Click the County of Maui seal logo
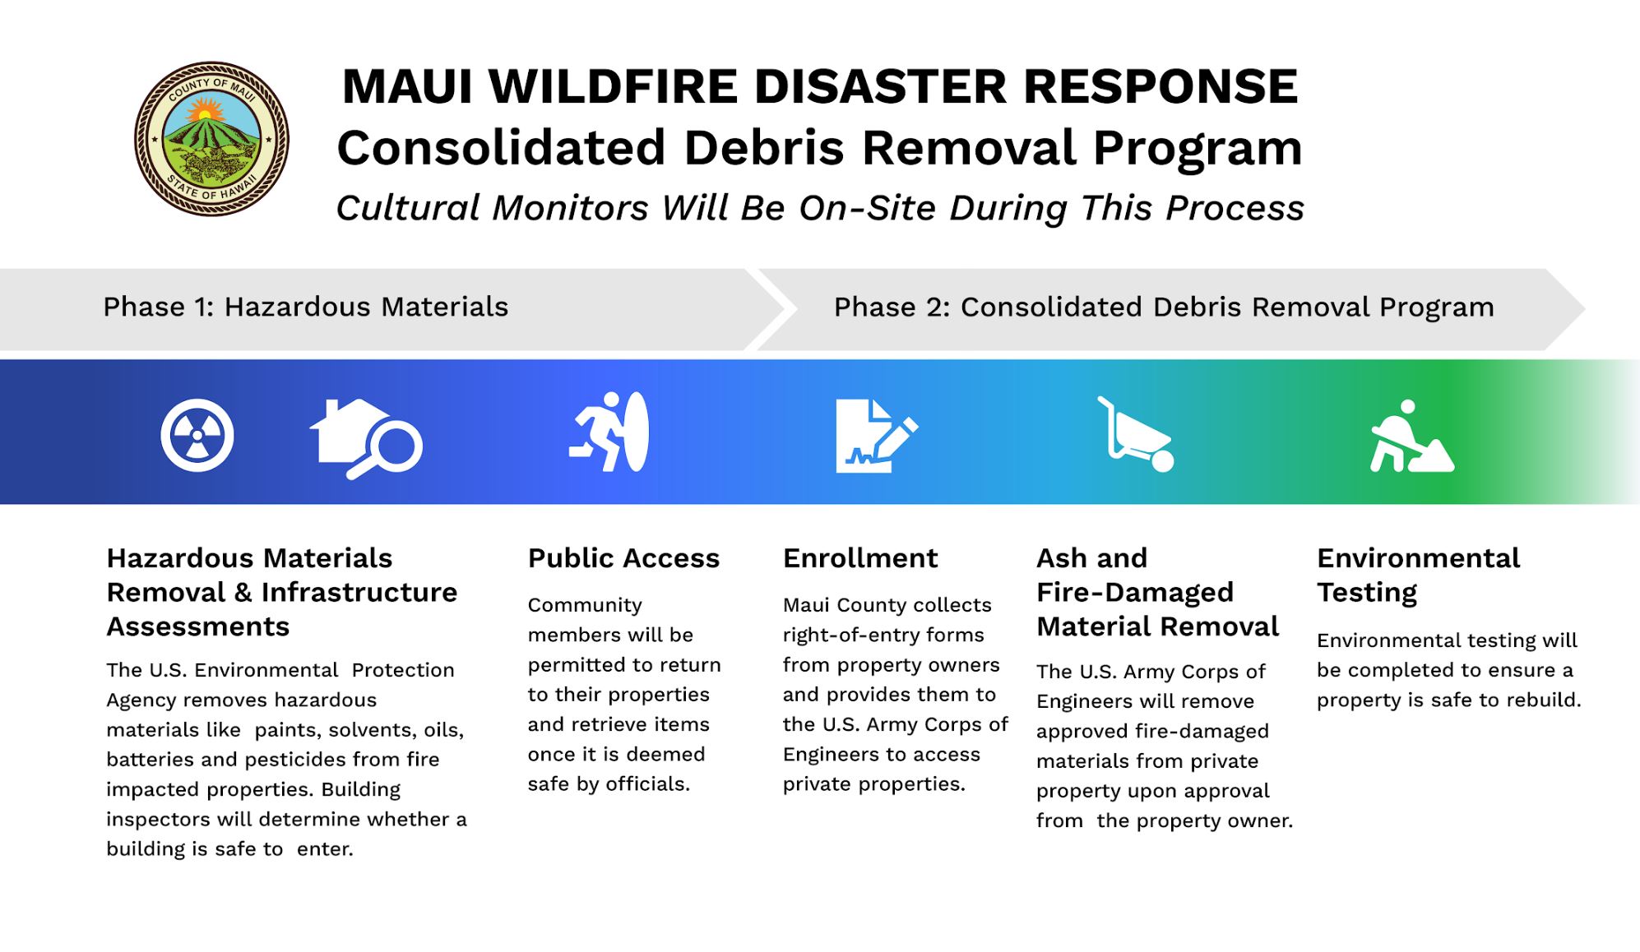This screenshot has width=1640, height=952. (x=211, y=139)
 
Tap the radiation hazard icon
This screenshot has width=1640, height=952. (x=197, y=435)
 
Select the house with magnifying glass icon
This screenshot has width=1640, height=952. (x=365, y=438)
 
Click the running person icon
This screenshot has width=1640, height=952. (x=609, y=432)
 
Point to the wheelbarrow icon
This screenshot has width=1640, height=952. (x=1136, y=435)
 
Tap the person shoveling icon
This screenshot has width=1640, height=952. (x=1411, y=437)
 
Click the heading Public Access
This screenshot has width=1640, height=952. (x=623, y=558)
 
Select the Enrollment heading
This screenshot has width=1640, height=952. (x=859, y=558)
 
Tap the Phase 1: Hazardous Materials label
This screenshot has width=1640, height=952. (x=305, y=307)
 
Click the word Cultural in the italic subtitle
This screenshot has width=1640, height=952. (x=410, y=208)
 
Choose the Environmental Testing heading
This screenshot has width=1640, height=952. (x=1418, y=575)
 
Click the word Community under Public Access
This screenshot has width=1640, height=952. (x=585, y=605)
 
